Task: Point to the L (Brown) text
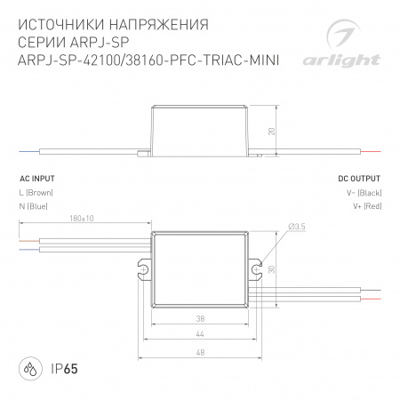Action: pos(36,192)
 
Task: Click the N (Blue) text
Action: pos(34,206)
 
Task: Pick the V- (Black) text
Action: pos(364,192)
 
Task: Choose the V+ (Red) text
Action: pos(366,206)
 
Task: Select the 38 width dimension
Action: pos(201,317)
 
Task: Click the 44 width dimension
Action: pos(201,334)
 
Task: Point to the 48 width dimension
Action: pos(201,351)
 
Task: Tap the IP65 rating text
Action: pos(61,368)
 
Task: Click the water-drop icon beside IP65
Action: pos(30,368)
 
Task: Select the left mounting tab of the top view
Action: pos(143,267)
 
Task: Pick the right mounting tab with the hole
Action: pos(257,267)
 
